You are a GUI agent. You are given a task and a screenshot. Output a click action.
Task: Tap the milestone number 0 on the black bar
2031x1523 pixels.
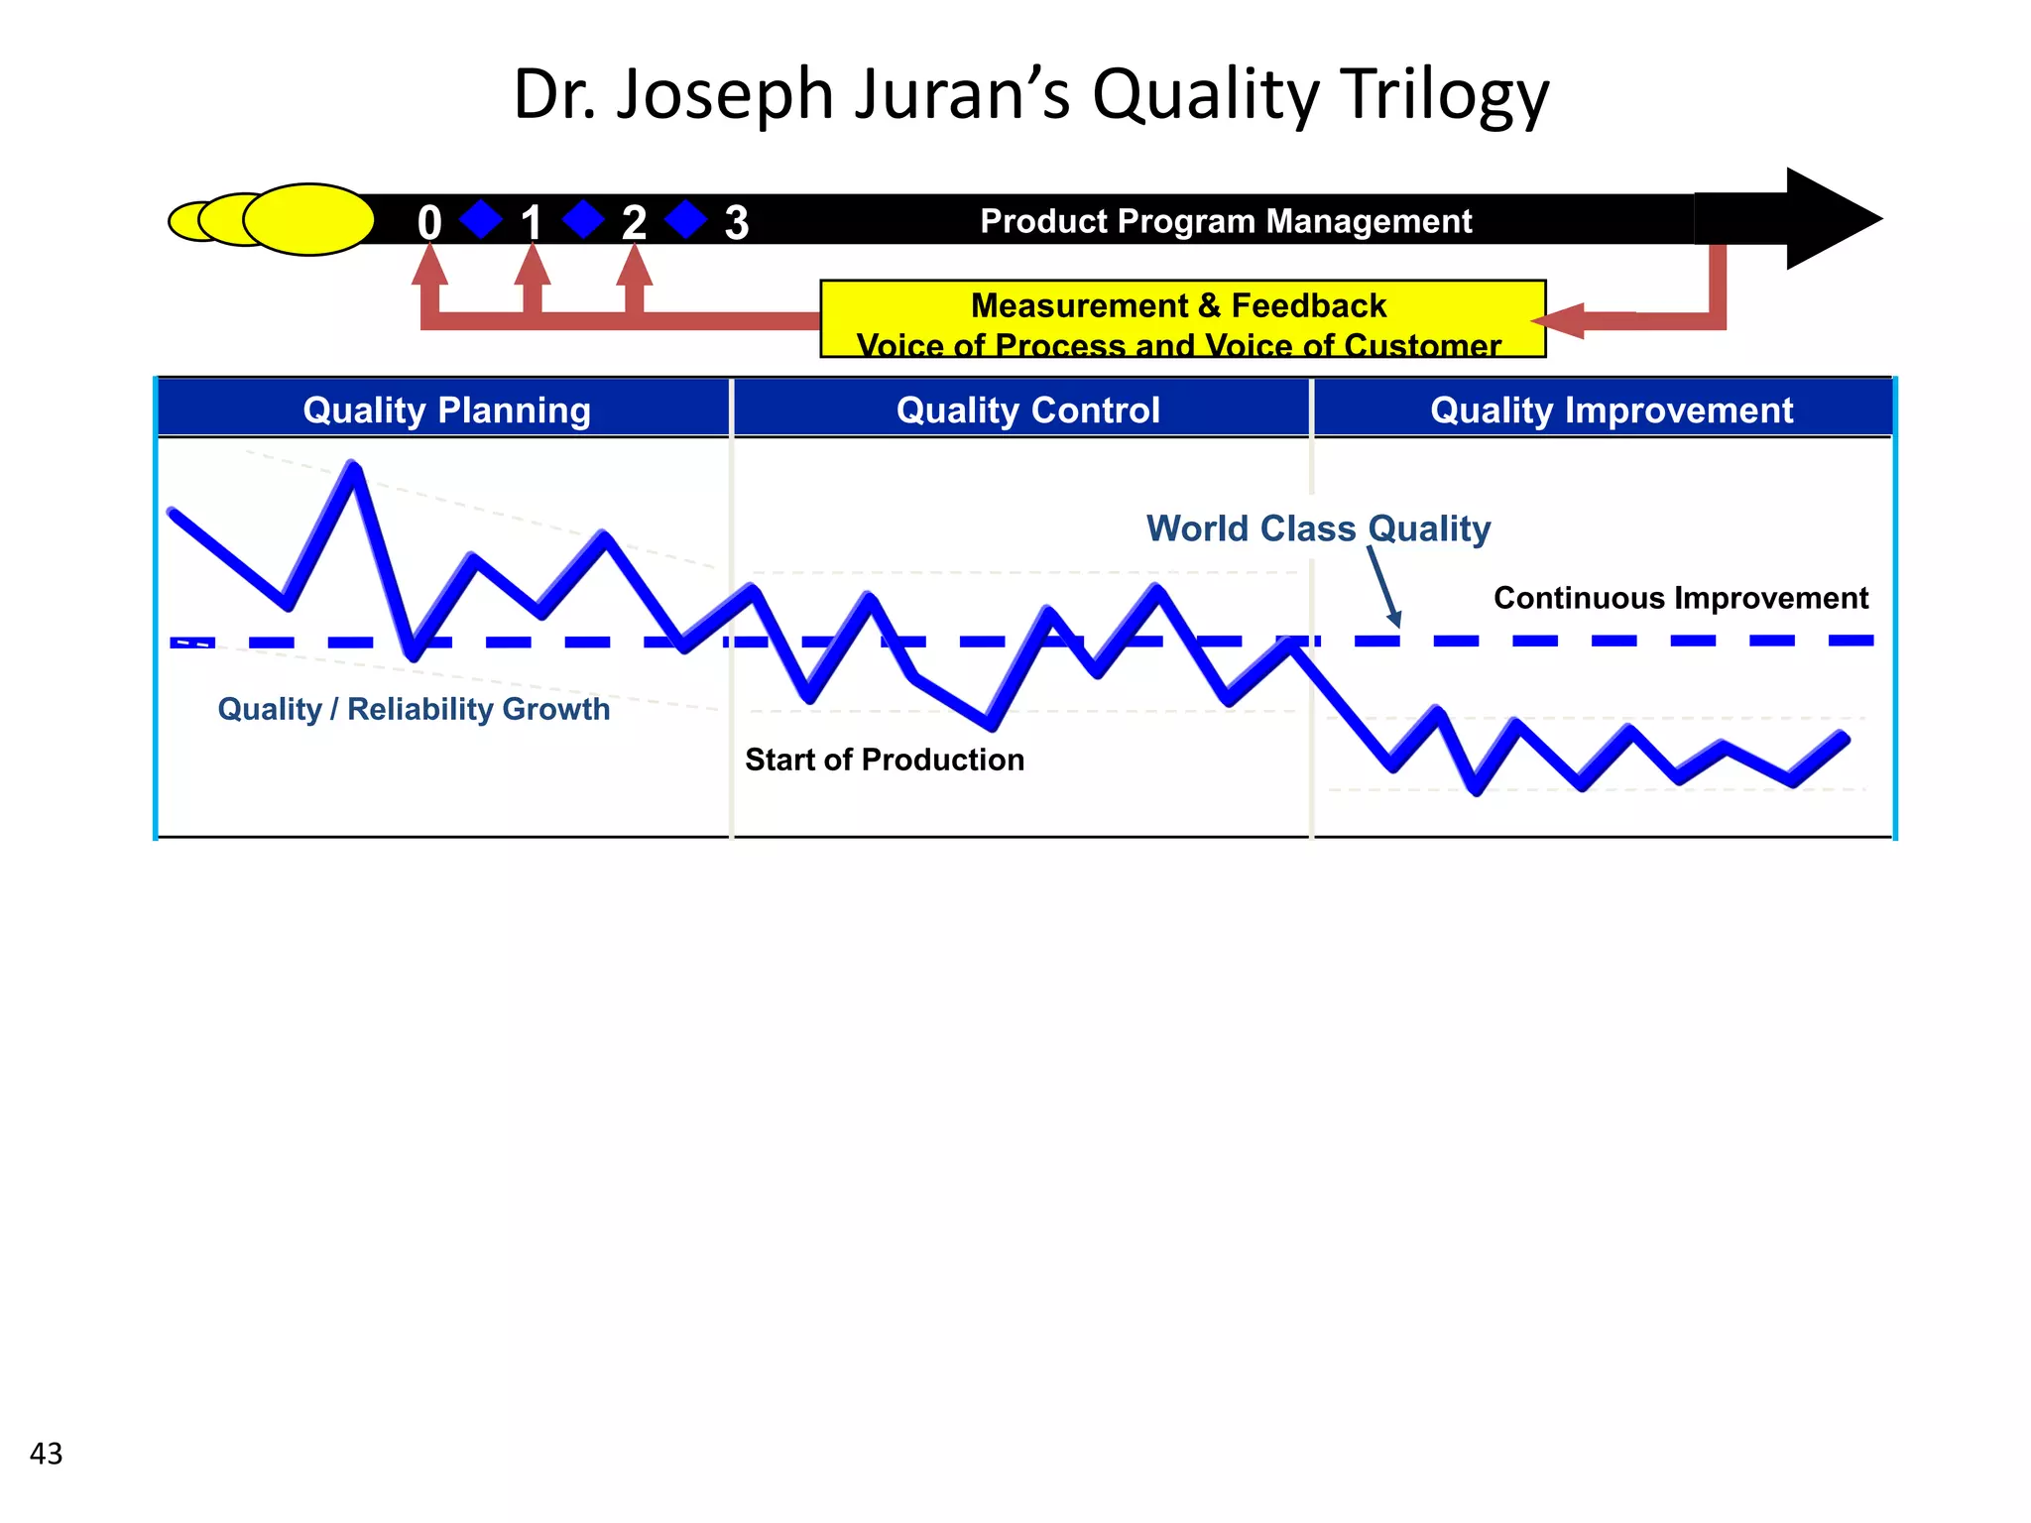pos(428,222)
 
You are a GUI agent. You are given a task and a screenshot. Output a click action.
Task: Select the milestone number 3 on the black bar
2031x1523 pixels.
pos(736,222)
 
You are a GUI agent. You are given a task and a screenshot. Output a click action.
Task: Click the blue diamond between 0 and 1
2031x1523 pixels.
pos(481,219)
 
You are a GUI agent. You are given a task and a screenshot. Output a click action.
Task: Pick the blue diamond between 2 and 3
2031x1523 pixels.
pos(685,219)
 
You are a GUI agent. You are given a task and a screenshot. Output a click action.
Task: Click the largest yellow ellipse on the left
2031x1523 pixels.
pos(308,219)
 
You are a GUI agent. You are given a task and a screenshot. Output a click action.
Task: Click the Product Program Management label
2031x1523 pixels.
pos(1226,221)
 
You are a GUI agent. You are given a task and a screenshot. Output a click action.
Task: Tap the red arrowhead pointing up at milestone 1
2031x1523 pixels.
pos(533,265)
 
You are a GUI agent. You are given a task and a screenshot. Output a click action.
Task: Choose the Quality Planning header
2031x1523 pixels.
pos(446,410)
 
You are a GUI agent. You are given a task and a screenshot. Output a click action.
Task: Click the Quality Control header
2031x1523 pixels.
pos(1027,410)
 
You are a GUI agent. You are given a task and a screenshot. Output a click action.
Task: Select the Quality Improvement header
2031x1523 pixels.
pos(1612,410)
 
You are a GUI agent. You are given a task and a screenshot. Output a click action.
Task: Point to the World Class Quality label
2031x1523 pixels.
pos(1318,528)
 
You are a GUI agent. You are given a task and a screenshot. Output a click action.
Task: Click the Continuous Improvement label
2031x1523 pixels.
pos(1681,598)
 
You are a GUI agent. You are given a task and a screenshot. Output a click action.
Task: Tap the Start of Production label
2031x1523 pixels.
pos(885,760)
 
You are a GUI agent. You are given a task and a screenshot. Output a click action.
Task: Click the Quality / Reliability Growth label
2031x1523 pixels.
pos(414,709)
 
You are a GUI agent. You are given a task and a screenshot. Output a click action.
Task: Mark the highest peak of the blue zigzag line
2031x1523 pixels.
pos(352,466)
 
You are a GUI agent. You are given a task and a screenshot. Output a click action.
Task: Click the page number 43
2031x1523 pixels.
pos(47,1454)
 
